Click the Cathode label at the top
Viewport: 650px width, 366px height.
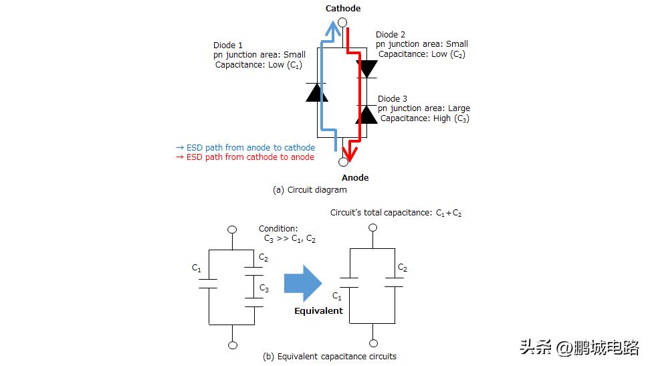tap(343, 8)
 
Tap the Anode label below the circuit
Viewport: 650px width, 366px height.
tap(355, 177)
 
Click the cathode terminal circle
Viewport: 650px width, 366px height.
tap(342, 22)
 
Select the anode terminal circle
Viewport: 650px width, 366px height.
tap(343, 162)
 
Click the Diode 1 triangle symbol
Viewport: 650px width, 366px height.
tap(317, 92)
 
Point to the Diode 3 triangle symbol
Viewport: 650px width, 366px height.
tap(367, 114)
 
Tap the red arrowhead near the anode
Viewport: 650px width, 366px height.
tap(350, 152)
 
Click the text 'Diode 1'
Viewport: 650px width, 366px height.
tap(227, 45)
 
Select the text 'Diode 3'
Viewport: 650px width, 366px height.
tap(392, 99)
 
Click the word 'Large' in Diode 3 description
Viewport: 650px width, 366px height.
tap(459, 108)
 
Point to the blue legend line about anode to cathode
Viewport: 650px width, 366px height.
tap(245, 147)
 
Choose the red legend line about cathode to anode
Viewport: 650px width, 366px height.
tap(245, 157)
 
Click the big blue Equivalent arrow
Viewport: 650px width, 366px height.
tap(303, 284)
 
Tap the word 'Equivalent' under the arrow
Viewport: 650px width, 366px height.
tap(318, 311)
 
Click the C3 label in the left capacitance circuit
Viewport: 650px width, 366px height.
tap(264, 288)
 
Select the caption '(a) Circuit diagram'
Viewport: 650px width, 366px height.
tap(310, 189)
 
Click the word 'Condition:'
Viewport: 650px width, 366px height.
tap(278, 229)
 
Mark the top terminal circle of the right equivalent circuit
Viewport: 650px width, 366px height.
tap(372, 227)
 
